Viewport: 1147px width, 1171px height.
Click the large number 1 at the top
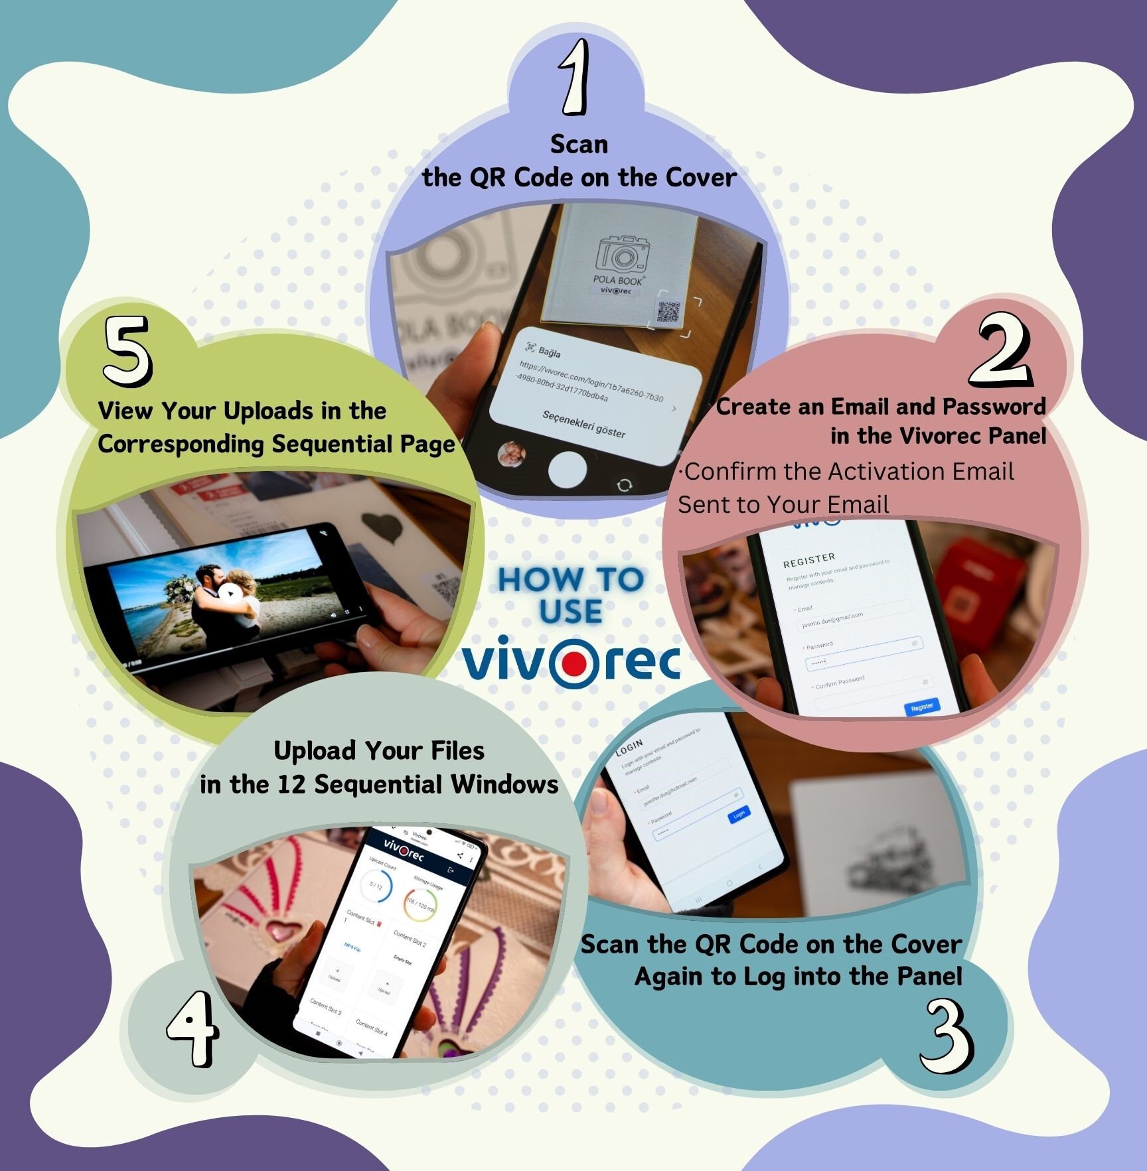(x=575, y=78)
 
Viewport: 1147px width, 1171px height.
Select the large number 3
(x=947, y=1036)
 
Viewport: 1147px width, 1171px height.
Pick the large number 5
(x=127, y=351)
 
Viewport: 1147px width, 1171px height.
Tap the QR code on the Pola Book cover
(x=668, y=312)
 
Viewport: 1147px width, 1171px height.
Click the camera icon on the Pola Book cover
(x=622, y=254)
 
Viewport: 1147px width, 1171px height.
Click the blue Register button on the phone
(x=922, y=707)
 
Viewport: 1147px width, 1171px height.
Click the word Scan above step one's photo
(x=579, y=144)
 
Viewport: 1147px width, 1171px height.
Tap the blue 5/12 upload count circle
(x=376, y=886)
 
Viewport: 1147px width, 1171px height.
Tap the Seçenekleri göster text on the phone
(x=583, y=424)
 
